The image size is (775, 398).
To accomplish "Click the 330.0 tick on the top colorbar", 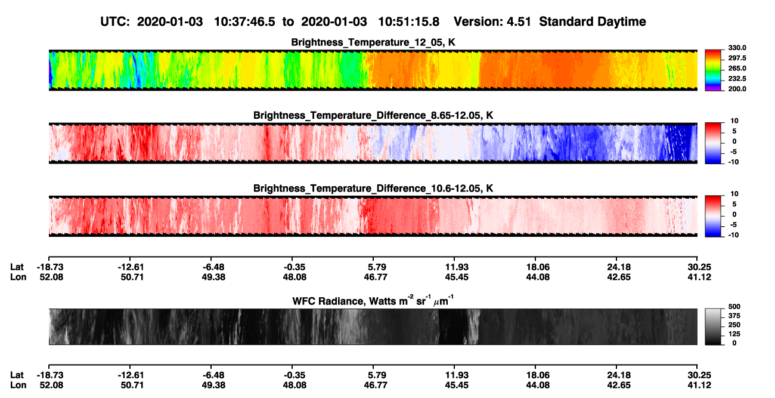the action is point(737,48).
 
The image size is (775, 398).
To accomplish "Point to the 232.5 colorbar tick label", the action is point(737,79).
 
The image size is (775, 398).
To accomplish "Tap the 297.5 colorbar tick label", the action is point(737,58).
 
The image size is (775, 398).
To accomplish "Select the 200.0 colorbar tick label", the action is point(737,89).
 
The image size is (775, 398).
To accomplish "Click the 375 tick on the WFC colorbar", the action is point(734,316).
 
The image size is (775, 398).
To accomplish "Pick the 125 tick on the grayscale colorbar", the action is point(734,334).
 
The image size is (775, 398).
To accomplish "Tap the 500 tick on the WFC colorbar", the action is point(734,307).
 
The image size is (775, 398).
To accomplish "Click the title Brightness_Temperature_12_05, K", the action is point(373,42).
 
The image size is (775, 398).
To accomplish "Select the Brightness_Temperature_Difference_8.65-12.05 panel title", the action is point(373,115).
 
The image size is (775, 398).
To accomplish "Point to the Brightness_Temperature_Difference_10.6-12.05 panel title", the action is point(373,189).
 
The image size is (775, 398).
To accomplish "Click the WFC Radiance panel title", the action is point(373,301).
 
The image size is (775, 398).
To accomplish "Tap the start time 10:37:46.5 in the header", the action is point(244,22).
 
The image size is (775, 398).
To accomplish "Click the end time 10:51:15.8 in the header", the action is point(408,22).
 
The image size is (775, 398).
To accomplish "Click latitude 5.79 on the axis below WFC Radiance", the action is point(376,375).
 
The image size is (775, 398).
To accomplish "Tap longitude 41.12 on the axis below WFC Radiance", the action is point(699,385).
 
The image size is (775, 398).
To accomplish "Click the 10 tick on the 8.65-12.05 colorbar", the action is point(734,121).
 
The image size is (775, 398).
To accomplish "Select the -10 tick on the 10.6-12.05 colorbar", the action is point(733,235).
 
